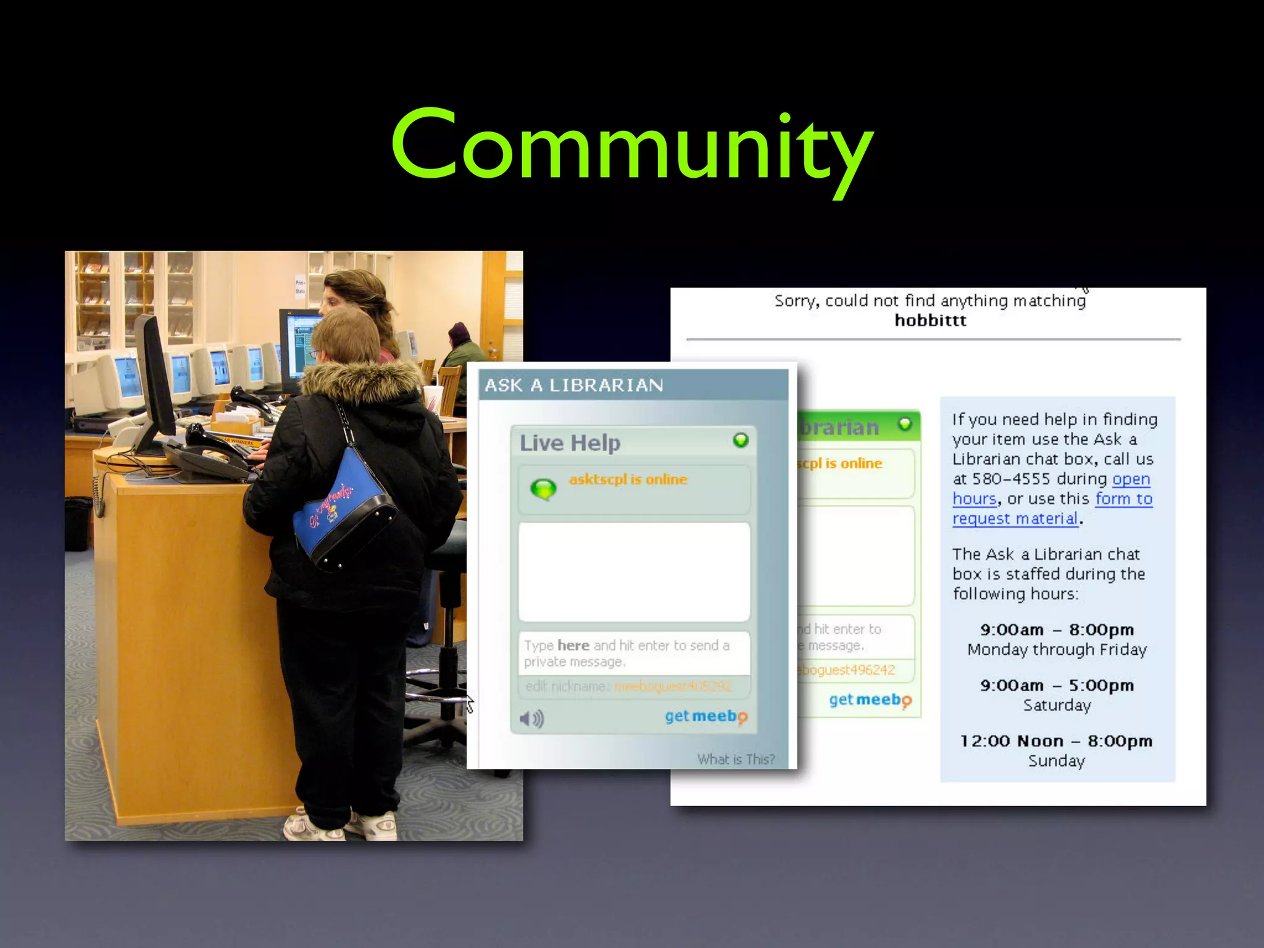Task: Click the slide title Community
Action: click(x=632, y=148)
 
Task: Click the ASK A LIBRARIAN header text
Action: click(x=574, y=386)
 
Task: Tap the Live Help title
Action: click(x=570, y=443)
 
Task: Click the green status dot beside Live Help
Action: click(x=741, y=440)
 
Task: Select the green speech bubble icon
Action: click(x=543, y=489)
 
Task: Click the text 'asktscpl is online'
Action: click(x=628, y=480)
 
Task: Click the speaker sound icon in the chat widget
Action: click(x=531, y=718)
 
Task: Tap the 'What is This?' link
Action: click(x=736, y=759)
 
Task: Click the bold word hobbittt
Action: click(x=930, y=320)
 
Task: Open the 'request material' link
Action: click(x=1015, y=518)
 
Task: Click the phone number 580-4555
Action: click(x=1011, y=479)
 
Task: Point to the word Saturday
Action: click(x=1057, y=705)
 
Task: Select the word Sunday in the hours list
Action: click(x=1056, y=760)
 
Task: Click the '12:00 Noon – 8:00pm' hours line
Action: click(x=1056, y=741)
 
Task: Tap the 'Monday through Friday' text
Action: click(x=1057, y=649)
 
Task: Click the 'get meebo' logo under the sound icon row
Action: click(x=705, y=717)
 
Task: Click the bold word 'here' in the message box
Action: click(x=573, y=646)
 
